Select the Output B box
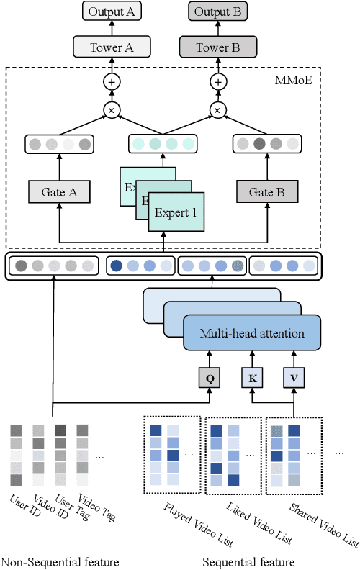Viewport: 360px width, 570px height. coord(217,12)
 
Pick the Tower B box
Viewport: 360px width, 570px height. coord(217,47)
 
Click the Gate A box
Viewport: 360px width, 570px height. coord(59,192)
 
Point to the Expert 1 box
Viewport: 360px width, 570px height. coord(176,214)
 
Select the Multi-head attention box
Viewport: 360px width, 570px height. coord(252,333)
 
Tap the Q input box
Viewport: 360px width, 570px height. coord(210,376)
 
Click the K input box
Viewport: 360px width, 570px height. coord(253,376)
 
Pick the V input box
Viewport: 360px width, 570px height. coord(294,376)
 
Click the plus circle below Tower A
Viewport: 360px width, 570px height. coord(111,83)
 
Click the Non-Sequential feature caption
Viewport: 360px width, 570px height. coord(60,561)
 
